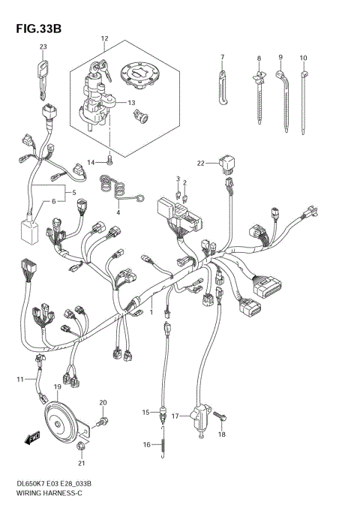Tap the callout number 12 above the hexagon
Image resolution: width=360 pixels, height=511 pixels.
[104, 38]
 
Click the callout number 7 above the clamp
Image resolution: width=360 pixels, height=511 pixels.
[223, 57]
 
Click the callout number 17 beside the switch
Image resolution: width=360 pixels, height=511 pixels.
[175, 415]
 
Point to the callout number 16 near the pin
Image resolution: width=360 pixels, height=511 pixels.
[147, 445]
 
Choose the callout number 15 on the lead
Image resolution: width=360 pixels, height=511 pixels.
[147, 412]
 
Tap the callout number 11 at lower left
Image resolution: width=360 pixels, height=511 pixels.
[21, 380]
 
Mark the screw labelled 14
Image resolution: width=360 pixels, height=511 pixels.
[109, 159]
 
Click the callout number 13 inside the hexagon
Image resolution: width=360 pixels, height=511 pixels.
[130, 102]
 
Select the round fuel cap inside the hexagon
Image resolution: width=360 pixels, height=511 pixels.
[139, 73]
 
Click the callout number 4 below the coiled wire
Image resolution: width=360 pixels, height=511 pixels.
[117, 212]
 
